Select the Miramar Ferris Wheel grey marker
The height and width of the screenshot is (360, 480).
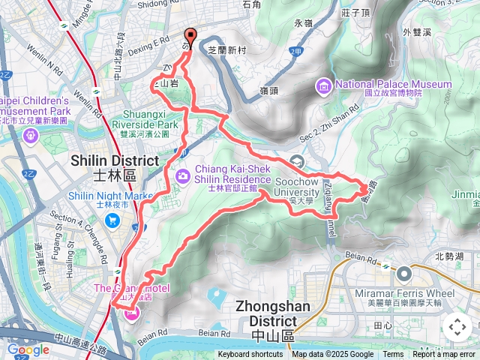[x=404, y=274]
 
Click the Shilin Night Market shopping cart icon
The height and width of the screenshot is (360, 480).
[x=112, y=220]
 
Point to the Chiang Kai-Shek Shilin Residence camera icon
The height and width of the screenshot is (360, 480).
[x=183, y=175]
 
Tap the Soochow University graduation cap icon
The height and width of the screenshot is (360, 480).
[x=298, y=160]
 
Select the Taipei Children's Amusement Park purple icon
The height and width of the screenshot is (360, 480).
[x=30, y=136]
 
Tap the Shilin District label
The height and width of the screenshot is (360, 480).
[x=115, y=167]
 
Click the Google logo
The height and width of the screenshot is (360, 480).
[x=28, y=349]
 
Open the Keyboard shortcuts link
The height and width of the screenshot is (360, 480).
[x=250, y=355]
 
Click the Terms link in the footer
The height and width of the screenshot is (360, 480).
[x=393, y=355]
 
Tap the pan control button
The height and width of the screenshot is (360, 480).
[x=457, y=326]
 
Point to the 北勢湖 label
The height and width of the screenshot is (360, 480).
[x=449, y=256]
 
